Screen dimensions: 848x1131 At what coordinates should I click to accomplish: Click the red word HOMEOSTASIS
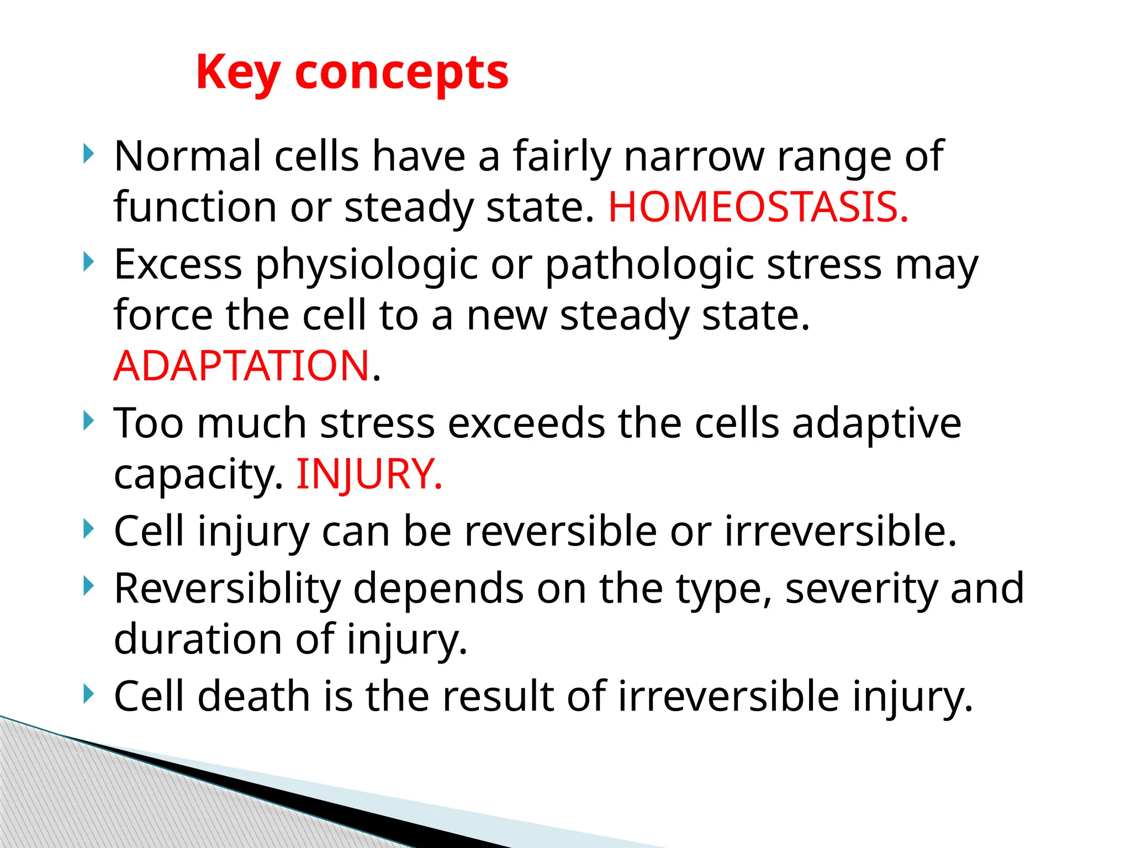click(x=758, y=208)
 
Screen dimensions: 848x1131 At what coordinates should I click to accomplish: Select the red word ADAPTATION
click(x=242, y=366)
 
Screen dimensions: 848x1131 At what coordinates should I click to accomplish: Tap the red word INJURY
click(x=369, y=474)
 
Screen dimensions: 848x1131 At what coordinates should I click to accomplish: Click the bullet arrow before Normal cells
click(x=88, y=154)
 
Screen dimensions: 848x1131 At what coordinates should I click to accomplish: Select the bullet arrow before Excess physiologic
click(x=88, y=262)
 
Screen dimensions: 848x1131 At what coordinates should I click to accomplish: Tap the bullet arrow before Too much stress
click(x=88, y=421)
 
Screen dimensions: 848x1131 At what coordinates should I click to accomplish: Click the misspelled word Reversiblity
click(x=227, y=589)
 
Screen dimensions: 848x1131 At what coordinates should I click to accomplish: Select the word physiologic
click(x=366, y=265)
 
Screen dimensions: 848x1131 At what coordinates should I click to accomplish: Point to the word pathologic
click(x=649, y=265)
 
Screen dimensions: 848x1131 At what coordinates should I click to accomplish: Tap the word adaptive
click(x=876, y=424)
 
